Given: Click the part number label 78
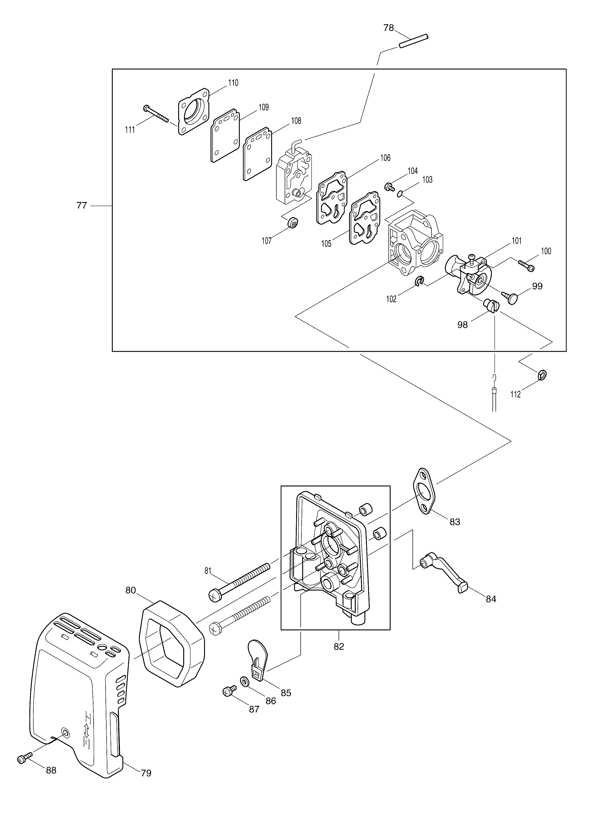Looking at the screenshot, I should [389, 28].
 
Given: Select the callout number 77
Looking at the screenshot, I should [82, 205].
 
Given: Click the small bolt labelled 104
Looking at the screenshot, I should [389, 187].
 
